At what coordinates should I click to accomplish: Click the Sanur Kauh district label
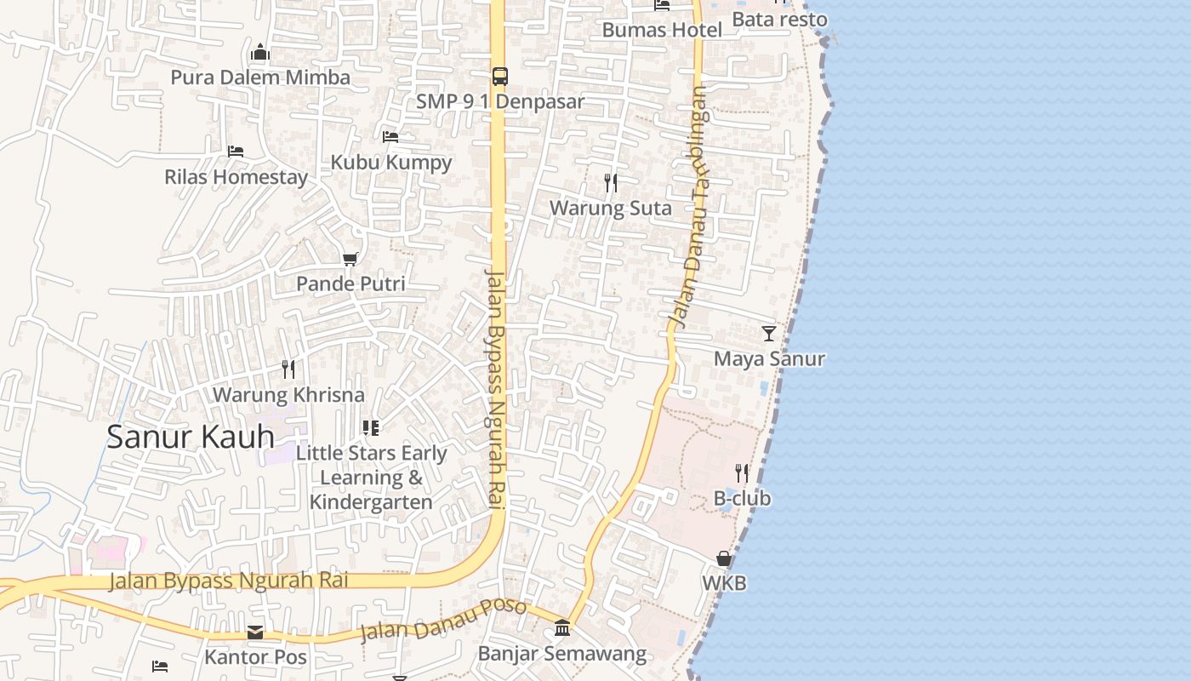pyautogui.click(x=191, y=437)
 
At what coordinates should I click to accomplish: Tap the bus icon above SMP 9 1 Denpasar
pyautogui.click(x=500, y=76)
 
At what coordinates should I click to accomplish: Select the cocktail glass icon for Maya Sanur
pyautogui.click(x=769, y=333)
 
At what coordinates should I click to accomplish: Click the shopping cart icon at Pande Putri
pyautogui.click(x=350, y=259)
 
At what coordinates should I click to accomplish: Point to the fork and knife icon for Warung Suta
pyautogui.click(x=610, y=183)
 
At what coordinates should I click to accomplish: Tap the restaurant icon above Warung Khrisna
pyautogui.click(x=288, y=369)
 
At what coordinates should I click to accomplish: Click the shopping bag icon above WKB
pyautogui.click(x=724, y=558)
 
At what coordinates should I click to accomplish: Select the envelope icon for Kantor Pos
pyautogui.click(x=255, y=632)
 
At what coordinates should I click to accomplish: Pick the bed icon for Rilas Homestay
pyautogui.click(x=236, y=152)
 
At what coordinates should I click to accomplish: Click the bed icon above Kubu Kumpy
pyautogui.click(x=390, y=136)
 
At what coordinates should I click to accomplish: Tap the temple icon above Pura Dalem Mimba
pyautogui.click(x=260, y=53)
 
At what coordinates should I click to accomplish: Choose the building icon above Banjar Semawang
pyautogui.click(x=562, y=628)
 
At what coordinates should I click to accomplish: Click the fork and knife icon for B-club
pyautogui.click(x=742, y=472)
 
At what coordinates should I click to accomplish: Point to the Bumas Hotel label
pyautogui.click(x=662, y=30)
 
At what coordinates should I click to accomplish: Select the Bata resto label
pyautogui.click(x=779, y=19)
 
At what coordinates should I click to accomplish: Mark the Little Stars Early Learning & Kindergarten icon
pyautogui.click(x=370, y=427)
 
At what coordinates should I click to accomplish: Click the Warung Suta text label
pyautogui.click(x=610, y=208)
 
